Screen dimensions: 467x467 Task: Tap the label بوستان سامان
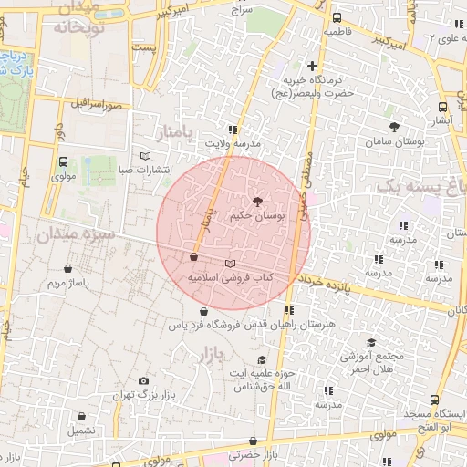[x=395, y=143]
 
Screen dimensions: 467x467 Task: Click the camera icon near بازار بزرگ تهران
[x=143, y=381]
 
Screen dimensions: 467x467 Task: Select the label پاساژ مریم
[x=70, y=284]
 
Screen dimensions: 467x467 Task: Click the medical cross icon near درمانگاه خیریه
[x=313, y=66]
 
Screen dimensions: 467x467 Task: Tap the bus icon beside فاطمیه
[x=337, y=17]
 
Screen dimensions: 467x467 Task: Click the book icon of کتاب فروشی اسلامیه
[x=229, y=263]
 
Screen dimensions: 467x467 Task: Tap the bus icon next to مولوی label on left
[x=63, y=162]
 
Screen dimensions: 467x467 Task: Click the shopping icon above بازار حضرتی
[x=255, y=439]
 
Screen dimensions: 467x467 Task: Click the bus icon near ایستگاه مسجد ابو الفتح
[x=434, y=400]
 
